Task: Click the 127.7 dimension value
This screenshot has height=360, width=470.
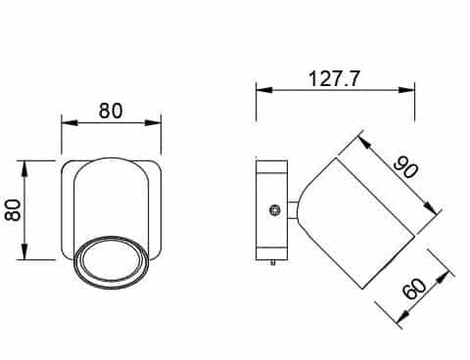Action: [334, 77]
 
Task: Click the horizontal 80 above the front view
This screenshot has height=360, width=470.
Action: [111, 110]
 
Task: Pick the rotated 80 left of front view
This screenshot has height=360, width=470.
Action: [14, 210]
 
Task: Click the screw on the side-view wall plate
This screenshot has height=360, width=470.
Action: [275, 208]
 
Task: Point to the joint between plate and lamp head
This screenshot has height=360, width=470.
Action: [292, 208]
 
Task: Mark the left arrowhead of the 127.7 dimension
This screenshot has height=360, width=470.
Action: [260, 90]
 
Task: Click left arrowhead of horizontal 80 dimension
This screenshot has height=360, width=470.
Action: [66, 123]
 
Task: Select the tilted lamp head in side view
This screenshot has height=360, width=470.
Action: [357, 223]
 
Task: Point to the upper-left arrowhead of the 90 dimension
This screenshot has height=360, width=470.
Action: [360, 139]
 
